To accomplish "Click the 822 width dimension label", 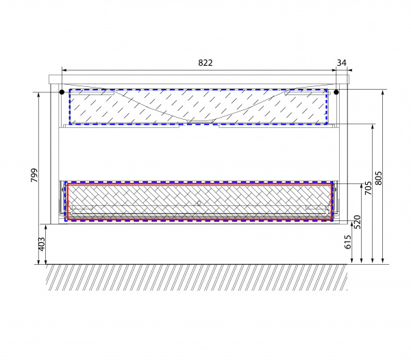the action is [206, 63].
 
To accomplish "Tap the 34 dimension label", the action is [342, 63].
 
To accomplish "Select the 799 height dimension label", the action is [34, 175].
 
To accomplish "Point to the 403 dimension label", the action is [42, 244].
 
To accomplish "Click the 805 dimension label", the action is [379, 179].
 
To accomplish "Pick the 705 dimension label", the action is [369, 188].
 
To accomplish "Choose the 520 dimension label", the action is [358, 222].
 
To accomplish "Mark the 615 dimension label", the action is [347, 242].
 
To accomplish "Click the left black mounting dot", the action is [62, 92].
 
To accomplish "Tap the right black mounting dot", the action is [336, 92].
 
